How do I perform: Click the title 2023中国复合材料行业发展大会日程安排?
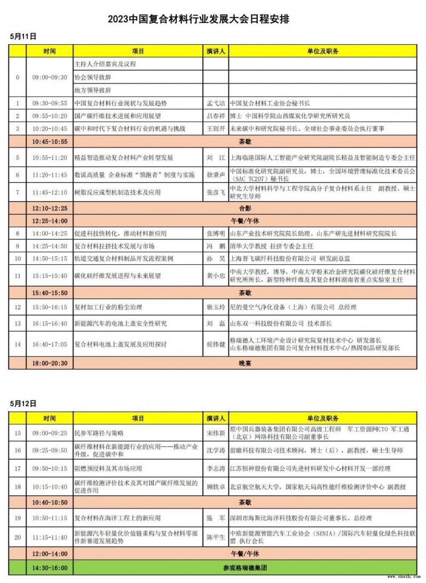click(x=202, y=20)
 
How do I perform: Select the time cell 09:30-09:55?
click(x=50, y=103)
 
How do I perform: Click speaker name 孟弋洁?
click(x=216, y=103)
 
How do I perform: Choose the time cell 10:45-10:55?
click(x=50, y=142)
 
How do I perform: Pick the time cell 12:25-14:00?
click(x=50, y=220)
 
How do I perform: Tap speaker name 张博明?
click(x=216, y=233)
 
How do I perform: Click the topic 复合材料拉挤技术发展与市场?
click(x=109, y=246)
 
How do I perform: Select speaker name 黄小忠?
click(x=216, y=276)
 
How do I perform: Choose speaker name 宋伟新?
click(x=216, y=434)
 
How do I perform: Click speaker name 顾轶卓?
click(x=216, y=486)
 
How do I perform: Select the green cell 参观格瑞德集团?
click(x=245, y=568)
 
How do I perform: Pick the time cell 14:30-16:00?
click(x=50, y=568)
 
